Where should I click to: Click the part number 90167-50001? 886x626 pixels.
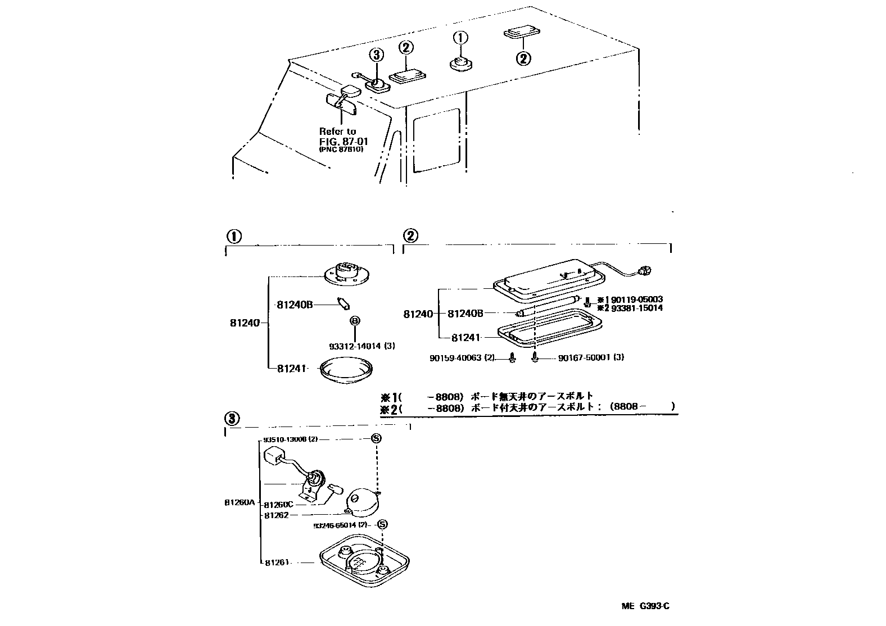[584, 357]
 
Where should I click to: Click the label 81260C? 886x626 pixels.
[279, 504]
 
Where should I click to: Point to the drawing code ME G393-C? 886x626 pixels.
[645, 606]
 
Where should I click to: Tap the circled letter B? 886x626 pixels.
[355, 321]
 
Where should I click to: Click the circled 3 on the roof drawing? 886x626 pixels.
[376, 55]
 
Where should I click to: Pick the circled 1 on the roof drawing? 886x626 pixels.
[460, 38]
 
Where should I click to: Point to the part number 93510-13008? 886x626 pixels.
[287, 439]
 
